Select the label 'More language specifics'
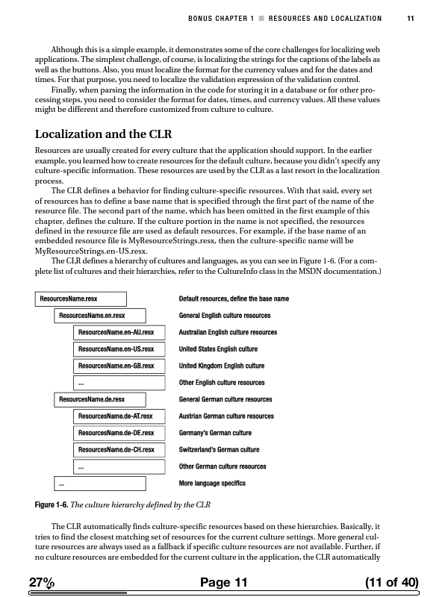click(212, 484)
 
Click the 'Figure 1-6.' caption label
click(54, 504)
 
